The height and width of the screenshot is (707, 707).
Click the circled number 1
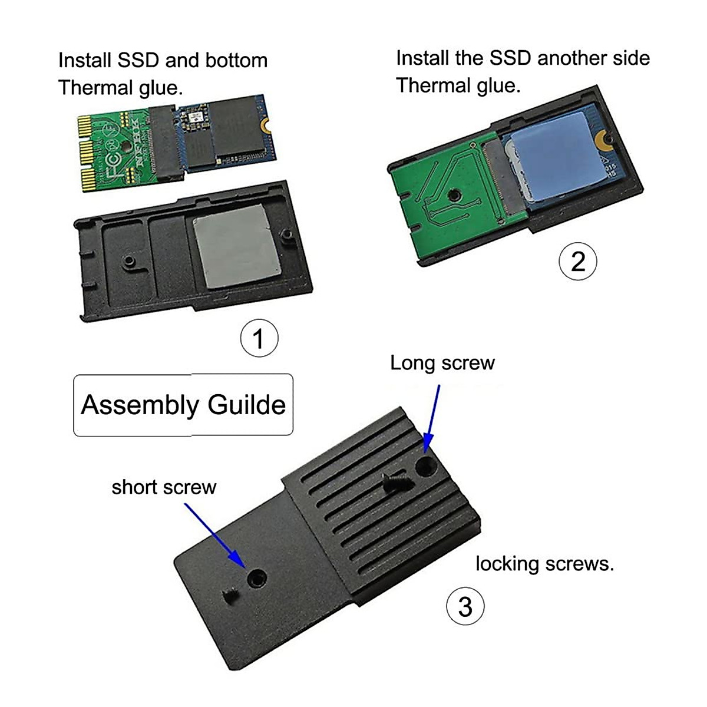pyautogui.click(x=259, y=339)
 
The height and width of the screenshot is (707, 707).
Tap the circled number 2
pyautogui.click(x=577, y=261)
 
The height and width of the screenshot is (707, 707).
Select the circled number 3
pyautogui.click(x=465, y=606)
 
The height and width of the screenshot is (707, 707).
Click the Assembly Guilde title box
pyautogui.click(x=183, y=405)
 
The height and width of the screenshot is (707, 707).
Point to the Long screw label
pyautogui.click(x=442, y=363)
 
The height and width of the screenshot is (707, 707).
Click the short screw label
pyautogui.click(x=164, y=487)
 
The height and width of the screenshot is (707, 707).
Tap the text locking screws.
pyautogui.click(x=544, y=564)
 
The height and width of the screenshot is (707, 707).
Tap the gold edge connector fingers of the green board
pyautogui.click(x=87, y=155)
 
